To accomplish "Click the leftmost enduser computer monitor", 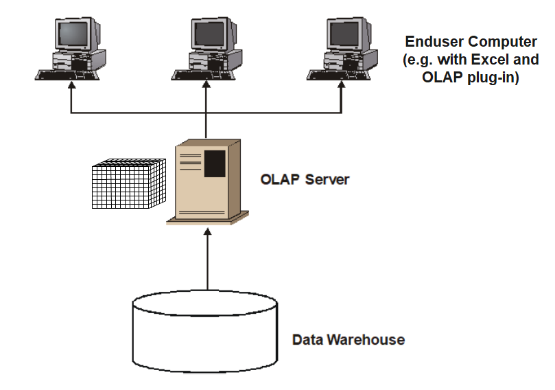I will [x=74, y=34].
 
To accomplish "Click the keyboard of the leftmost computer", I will [x=59, y=72].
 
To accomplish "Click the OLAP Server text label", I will [x=305, y=180].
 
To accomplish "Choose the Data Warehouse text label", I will [x=349, y=340].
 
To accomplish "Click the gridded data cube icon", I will [x=129, y=183].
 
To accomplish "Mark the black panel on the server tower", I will [x=215, y=164].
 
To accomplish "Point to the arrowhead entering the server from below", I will [x=206, y=233].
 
